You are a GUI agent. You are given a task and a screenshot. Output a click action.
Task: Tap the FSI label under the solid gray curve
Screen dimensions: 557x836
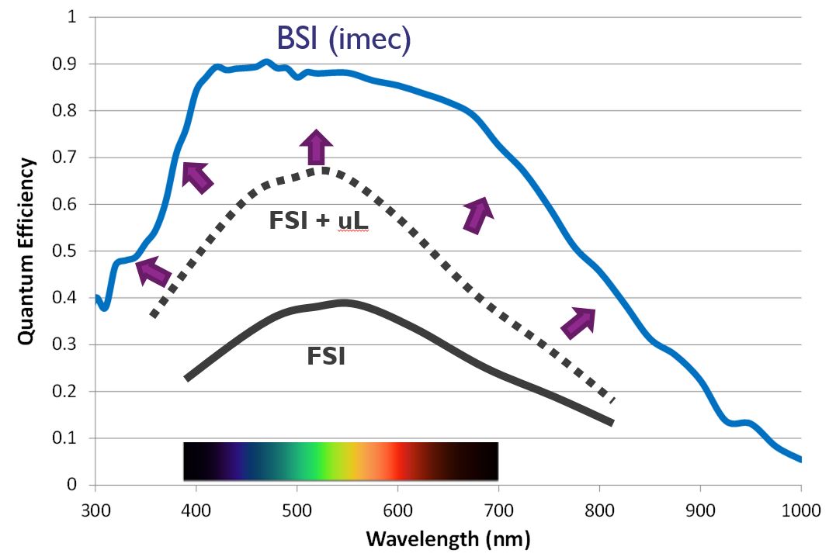pos(326,358)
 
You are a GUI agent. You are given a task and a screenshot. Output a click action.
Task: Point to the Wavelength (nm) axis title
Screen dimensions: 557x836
pos(448,538)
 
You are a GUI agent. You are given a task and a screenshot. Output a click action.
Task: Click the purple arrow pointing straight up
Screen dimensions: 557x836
pos(316,147)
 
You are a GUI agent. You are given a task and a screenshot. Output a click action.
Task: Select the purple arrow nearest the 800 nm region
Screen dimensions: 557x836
pos(578,322)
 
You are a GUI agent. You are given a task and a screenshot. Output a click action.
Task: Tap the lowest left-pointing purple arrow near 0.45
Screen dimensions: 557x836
pos(154,272)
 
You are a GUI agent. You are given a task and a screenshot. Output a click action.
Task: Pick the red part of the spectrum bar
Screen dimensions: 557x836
pos(397,461)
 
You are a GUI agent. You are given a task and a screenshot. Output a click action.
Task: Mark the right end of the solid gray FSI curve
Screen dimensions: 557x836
pos(612,423)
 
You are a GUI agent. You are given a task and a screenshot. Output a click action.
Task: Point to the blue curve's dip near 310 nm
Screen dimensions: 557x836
pos(104,307)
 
